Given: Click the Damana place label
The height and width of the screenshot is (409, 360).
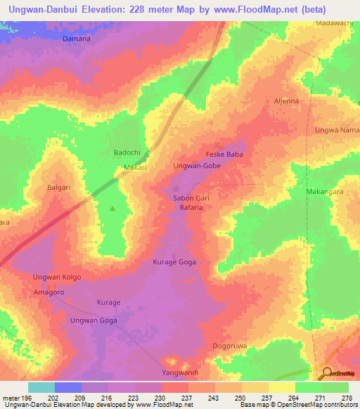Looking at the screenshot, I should point(77,39).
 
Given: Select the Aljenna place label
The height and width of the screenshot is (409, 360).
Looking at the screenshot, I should point(285,100).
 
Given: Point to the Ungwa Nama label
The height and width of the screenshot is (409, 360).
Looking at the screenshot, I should point(337,130).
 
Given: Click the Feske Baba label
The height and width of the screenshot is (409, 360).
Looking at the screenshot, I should point(224,154).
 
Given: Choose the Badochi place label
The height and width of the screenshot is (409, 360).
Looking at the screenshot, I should point(128,152).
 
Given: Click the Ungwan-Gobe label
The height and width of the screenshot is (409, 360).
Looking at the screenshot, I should point(197,166).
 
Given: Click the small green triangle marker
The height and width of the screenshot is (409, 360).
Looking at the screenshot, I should point(112,208).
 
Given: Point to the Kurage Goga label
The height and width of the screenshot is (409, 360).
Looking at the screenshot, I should point(174,262).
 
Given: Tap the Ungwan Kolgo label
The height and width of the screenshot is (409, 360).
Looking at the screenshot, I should point(57,277).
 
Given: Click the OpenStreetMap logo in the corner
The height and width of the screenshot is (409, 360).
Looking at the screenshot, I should point(338,374).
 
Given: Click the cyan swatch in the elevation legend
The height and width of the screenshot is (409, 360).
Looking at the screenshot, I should point(41,387).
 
